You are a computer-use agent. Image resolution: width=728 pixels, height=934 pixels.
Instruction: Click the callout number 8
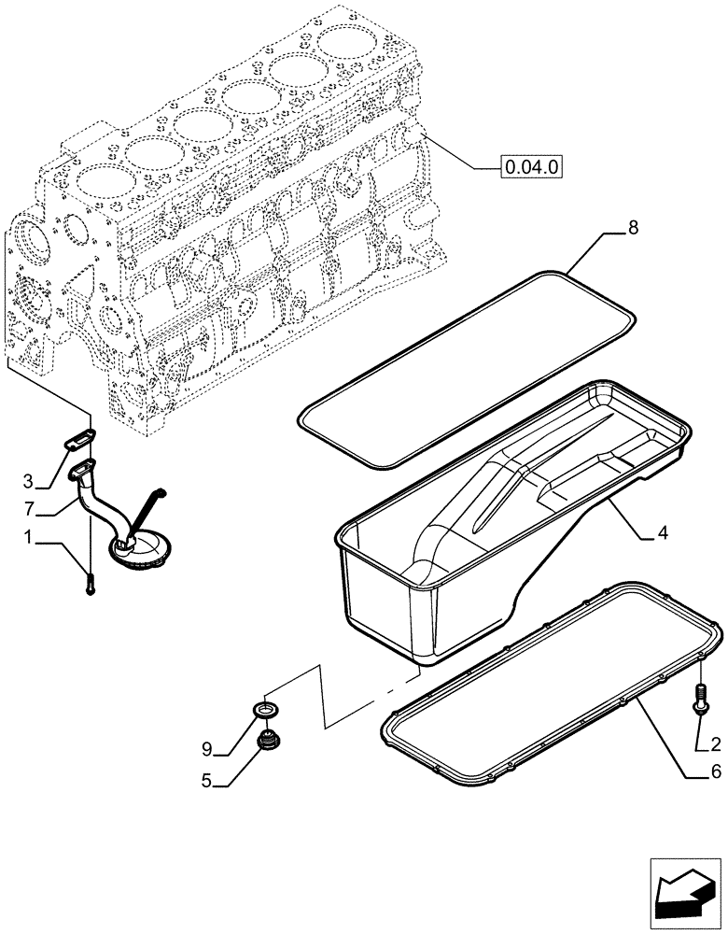[634, 227]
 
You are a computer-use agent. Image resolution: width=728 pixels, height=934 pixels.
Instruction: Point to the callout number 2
[715, 744]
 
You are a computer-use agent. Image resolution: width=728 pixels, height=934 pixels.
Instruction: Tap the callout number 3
[29, 481]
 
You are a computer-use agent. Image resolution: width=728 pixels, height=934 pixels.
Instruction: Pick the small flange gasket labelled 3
[80, 439]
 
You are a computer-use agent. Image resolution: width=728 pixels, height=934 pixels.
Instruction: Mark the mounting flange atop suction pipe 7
[82, 468]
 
